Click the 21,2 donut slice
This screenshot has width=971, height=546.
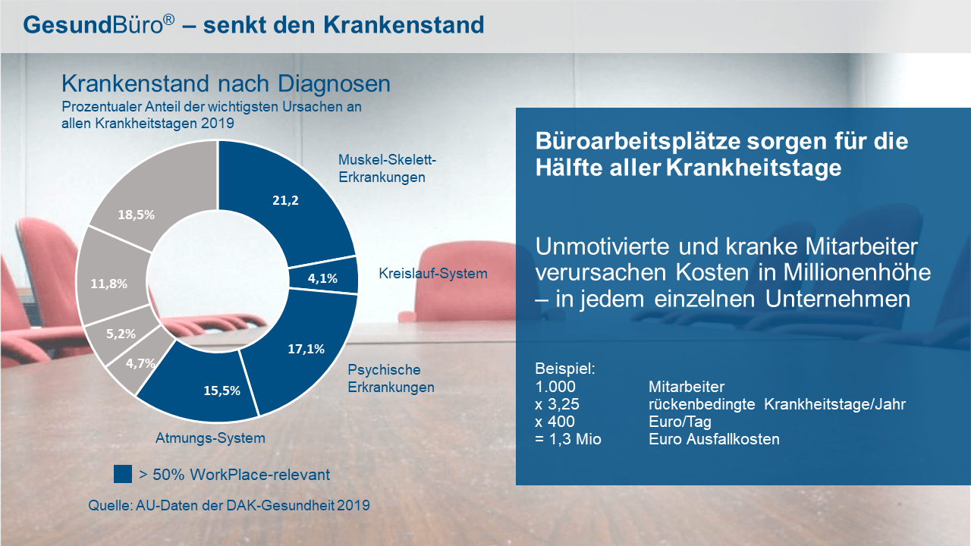(284, 201)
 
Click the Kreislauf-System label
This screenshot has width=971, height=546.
(432, 273)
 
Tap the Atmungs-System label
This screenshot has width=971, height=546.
(210, 438)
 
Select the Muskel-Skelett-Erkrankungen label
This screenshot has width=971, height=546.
(387, 168)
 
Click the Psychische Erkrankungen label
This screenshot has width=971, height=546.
(391, 378)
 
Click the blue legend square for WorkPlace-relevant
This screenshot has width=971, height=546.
(123, 475)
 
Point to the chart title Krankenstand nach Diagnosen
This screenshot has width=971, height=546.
(225, 83)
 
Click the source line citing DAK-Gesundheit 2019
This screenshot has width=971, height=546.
(229, 505)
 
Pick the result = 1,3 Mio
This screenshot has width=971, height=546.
(568, 438)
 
